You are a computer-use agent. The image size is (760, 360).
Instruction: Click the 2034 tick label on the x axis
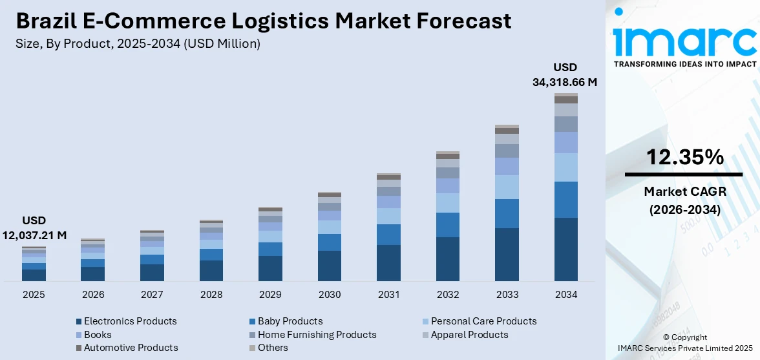(566, 295)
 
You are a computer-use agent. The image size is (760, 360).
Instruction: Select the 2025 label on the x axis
(34, 295)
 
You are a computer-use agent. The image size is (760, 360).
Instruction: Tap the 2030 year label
(330, 295)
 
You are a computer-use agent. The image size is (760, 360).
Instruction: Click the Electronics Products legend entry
(130, 321)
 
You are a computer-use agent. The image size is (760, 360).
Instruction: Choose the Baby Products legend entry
(290, 321)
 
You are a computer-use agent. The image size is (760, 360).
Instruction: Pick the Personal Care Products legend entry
(483, 321)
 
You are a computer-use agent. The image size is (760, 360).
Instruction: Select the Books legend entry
(98, 335)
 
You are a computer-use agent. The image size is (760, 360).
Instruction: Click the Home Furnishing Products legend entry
(317, 335)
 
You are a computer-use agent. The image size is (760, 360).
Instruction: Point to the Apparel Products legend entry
(469, 335)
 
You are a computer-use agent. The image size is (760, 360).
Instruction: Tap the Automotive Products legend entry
(131, 348)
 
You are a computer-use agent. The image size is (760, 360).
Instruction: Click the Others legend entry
(273, 348)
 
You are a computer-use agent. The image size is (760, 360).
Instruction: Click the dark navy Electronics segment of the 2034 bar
(566, 249)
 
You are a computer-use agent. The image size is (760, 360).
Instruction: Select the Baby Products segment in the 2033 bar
(507, 213)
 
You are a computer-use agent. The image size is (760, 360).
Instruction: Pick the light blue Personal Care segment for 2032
(448, 203)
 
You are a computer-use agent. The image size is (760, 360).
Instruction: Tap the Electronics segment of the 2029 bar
(270, 268)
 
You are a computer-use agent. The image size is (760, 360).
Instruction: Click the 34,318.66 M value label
(565, 82)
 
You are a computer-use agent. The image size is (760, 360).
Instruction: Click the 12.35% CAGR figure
(684, 157)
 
